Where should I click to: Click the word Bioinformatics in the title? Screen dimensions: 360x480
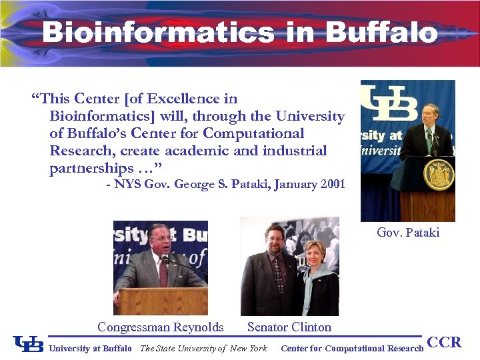pos(158,32)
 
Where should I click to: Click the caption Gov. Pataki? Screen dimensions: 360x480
pos(408,233)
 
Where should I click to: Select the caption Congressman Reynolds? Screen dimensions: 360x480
pos(161,327)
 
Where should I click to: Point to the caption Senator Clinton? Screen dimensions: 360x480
pos(289,327)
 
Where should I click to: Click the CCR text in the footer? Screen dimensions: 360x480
pos(444,343)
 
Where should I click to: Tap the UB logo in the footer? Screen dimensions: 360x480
pos(28,344)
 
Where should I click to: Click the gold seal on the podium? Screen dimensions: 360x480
pos(439,175)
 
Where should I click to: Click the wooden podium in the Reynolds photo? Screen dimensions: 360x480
pos(161,301)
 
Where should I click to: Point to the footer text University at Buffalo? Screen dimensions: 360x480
pos(91,349)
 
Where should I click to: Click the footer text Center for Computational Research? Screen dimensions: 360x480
pos(352,349)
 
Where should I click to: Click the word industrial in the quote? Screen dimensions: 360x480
pos(295,151)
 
